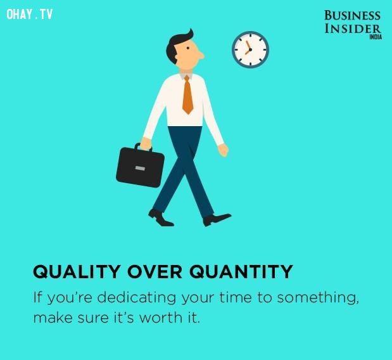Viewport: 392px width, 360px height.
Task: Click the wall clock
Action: pos(250,49)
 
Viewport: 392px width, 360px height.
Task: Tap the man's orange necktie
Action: pos(187,95)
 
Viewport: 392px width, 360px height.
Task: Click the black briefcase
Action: pos(140,165)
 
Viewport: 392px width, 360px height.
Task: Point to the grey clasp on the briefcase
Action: pos(140,169)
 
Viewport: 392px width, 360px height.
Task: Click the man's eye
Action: pos(187,48)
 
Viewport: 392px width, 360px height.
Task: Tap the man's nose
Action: pos(201,56)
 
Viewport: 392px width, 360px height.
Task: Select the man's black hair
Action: pos(178,46)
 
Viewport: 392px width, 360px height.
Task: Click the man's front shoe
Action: pos(217,219)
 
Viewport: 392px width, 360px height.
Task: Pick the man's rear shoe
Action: pos(160,218)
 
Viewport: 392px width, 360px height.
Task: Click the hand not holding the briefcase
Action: pos(224,151)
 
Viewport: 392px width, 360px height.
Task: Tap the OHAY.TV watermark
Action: pos(30,14)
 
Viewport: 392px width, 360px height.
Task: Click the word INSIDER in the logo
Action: pos(353,29)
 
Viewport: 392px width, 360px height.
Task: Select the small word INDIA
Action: pos(376,37)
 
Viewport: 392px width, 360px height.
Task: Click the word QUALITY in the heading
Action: pos(77,271)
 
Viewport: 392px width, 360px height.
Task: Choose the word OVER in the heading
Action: pos(155,271)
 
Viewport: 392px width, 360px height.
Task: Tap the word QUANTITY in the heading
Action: pos(241,271)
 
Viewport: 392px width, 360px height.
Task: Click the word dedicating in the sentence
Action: pos(137,298)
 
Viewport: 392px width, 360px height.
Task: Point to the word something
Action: pos(318,298)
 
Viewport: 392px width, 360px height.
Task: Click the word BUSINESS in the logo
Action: pos(352,15)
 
